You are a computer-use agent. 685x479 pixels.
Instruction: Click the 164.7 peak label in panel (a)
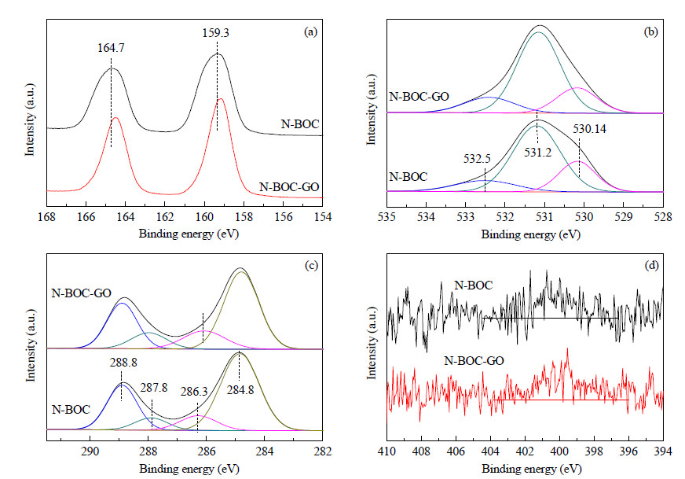(x=111, y=48)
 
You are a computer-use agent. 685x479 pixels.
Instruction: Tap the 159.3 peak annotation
(x=216, y=33)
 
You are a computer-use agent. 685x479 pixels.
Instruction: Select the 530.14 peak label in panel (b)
(x=589, y=129)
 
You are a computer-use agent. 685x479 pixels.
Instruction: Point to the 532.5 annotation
(x=477, y=158)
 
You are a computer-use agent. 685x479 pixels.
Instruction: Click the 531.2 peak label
(x=538, y=152)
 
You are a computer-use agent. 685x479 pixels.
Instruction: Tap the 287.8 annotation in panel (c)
(x=154, y=388)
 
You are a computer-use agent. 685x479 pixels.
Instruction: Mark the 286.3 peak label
(x=194, y=392)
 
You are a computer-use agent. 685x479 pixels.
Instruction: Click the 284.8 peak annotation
(x=240, y=390)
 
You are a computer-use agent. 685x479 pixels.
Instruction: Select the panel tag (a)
(x=310, y=31)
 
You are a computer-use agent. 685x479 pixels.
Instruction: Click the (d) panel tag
(x=651, y=265)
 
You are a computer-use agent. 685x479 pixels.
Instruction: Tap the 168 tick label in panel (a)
(x=47, y=217)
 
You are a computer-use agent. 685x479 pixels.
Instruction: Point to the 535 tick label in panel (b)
(x=387, y=217)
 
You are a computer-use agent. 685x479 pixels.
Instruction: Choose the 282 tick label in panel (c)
(x=322, y=451)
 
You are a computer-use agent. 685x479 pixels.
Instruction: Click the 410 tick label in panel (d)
(x=387, y=451)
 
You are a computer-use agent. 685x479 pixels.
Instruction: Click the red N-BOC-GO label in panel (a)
(x=289, y=187)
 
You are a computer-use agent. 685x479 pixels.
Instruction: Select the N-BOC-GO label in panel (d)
(x=474, y=361)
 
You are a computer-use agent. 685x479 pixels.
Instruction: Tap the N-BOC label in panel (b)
(x=408, y=177)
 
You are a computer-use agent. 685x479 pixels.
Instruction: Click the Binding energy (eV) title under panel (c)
(x=189, y=469)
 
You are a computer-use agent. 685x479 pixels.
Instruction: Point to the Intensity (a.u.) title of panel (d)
(x=372, y=342)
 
